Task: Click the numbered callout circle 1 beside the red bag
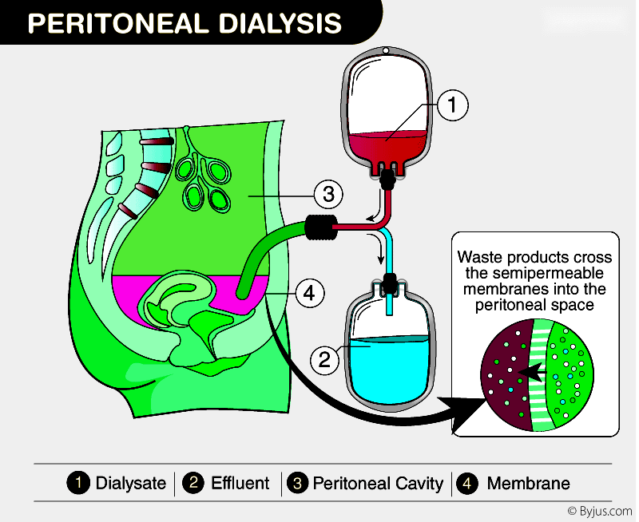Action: click(451, 105)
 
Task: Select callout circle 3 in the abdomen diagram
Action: click(327, 193)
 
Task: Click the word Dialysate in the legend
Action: click(130, 483)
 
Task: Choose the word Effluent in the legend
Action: click(240, 483)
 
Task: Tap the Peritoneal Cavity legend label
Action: click(378, 483)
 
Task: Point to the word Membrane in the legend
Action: click(528, 483)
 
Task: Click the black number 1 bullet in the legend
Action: click(78, 483)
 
